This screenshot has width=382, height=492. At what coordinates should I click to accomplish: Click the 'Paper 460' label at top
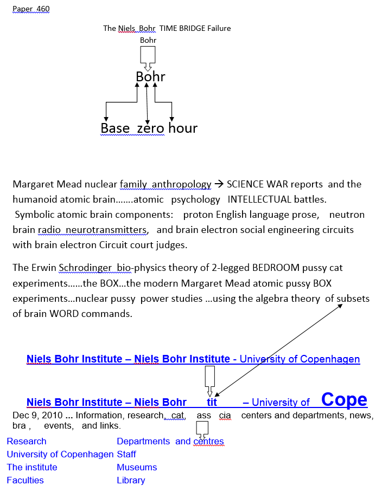[31, 9]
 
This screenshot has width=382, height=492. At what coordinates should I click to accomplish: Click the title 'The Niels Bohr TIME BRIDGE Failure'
[167, 28]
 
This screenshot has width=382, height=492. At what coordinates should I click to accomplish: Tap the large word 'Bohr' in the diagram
[150, 77]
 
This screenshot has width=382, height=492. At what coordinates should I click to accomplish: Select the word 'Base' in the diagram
[115, 128]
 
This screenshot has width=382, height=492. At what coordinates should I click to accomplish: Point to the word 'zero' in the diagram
[150, 128]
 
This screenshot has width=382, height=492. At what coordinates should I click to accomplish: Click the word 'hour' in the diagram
[183, 128]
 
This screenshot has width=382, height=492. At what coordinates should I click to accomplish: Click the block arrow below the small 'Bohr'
[148, 57]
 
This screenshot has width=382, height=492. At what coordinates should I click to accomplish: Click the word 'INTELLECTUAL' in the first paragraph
[260, 199]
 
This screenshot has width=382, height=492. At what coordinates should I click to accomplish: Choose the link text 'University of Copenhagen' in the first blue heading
[300, 359]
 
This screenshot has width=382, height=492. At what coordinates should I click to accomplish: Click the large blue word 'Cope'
[344, 399]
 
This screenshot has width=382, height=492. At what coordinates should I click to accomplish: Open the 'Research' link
[27, 441]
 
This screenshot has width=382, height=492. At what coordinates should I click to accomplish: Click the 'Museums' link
[137, 467]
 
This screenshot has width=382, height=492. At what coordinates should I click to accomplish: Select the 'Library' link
[131, 480]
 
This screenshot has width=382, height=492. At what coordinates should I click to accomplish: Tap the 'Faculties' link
[25, 480]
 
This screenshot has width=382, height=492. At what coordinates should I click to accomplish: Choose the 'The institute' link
[32, 467]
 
